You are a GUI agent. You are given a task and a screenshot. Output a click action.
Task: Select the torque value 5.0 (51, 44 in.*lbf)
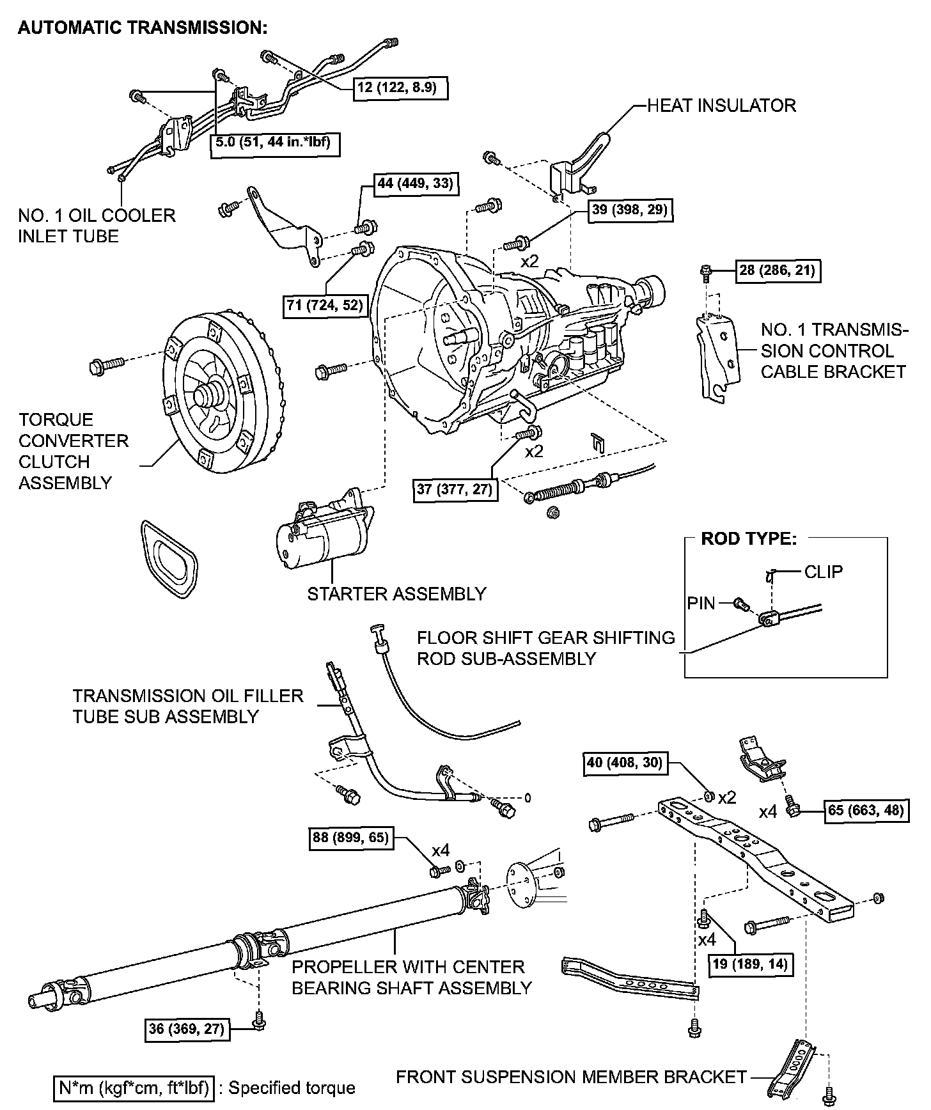[274, 143]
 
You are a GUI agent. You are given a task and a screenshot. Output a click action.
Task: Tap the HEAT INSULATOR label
[721, 106]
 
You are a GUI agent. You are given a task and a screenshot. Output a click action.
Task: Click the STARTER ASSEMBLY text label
[396, 594]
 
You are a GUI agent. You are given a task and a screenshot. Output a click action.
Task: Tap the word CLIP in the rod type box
[823, 572]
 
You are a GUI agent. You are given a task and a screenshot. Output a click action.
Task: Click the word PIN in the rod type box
[701, 603]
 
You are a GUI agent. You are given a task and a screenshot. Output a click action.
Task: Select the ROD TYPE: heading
[749, 538]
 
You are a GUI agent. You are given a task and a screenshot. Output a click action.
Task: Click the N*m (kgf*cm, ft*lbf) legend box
[133, 1088]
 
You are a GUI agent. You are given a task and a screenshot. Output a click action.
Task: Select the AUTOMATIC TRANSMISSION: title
[142, 28]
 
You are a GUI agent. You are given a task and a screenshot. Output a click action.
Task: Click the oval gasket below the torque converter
[168, 558]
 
